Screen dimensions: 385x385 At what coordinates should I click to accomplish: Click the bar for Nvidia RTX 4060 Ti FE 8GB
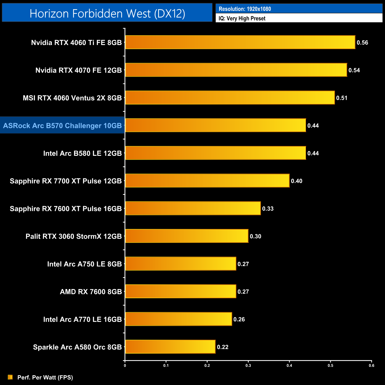point(240,42)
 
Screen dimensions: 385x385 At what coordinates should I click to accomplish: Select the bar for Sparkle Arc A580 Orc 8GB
point(170,347)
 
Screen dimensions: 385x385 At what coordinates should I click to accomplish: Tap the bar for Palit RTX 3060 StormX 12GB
point(187,236)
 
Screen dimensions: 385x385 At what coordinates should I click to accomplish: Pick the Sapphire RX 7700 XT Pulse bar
point(207,181)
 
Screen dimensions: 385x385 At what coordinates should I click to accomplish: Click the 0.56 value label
point(362,43)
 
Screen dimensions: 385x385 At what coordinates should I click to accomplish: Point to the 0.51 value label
point(341,98)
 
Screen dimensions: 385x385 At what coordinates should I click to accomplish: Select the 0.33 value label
point(268,209)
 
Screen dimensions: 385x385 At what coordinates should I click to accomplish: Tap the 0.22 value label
point(223,347)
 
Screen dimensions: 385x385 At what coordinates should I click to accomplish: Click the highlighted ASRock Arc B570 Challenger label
point(62,126)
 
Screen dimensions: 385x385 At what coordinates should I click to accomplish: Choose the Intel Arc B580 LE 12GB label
point(82,153)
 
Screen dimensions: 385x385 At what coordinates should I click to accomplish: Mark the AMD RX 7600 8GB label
point(91,292)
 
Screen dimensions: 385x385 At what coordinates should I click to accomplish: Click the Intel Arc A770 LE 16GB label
point(82,320)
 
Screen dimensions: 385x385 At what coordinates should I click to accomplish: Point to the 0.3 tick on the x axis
point(248,365)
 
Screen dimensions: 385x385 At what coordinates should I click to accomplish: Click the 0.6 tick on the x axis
point(371,365)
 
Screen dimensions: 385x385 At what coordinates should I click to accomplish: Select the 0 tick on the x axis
point(125,365)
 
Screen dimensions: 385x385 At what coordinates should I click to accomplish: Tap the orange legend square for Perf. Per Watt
point(10,377)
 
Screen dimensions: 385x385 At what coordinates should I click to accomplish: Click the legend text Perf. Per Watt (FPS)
point(45,377)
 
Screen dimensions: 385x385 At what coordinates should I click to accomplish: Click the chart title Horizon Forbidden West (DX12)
point(107,14)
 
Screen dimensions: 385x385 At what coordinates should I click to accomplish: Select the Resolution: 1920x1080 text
point(245,9)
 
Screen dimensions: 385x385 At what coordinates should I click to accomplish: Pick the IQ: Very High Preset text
point(242,18)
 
